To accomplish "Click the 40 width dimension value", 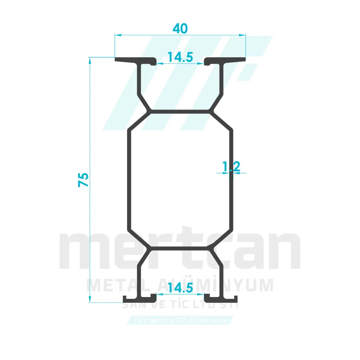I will (180, 28).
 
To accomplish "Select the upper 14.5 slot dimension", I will (180, 57).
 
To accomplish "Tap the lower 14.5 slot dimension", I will (180, 288).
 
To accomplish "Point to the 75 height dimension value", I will (84, 180).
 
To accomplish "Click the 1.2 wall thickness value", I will (231, 166).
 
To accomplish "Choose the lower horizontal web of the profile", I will (180, 248).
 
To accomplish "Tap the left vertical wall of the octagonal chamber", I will (129, 180).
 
